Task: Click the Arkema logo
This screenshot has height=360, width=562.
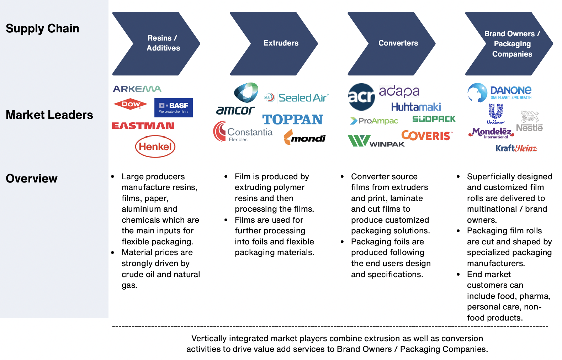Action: (x=137, y=89)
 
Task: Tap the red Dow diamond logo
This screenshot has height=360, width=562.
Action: (x=131, y=104)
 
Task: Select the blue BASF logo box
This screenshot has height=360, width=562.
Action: (x=174, y=107)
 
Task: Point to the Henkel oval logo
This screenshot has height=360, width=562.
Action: (x=155, y=147)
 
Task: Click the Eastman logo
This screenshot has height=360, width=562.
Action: (x=143, y=126)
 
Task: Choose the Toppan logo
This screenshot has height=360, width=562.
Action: (x=292, y=120)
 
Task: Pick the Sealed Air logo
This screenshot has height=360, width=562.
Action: (x=296, y=97)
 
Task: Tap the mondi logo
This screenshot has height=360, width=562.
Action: (x=305, y=138)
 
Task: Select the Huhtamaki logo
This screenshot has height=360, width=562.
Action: (x=416, y=107)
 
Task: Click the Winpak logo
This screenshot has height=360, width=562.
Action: (x=376, y=141)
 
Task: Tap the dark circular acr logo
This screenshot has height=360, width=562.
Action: (x=361, y=96)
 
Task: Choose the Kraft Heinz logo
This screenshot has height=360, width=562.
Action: (x=516, y=148)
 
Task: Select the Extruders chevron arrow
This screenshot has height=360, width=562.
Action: (x=274, y=43)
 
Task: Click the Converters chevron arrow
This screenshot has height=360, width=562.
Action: (x=391, y=43)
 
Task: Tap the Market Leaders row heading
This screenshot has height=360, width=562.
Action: (x=49, y=115)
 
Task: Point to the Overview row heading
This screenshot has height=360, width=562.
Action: (x=32, y=179)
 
